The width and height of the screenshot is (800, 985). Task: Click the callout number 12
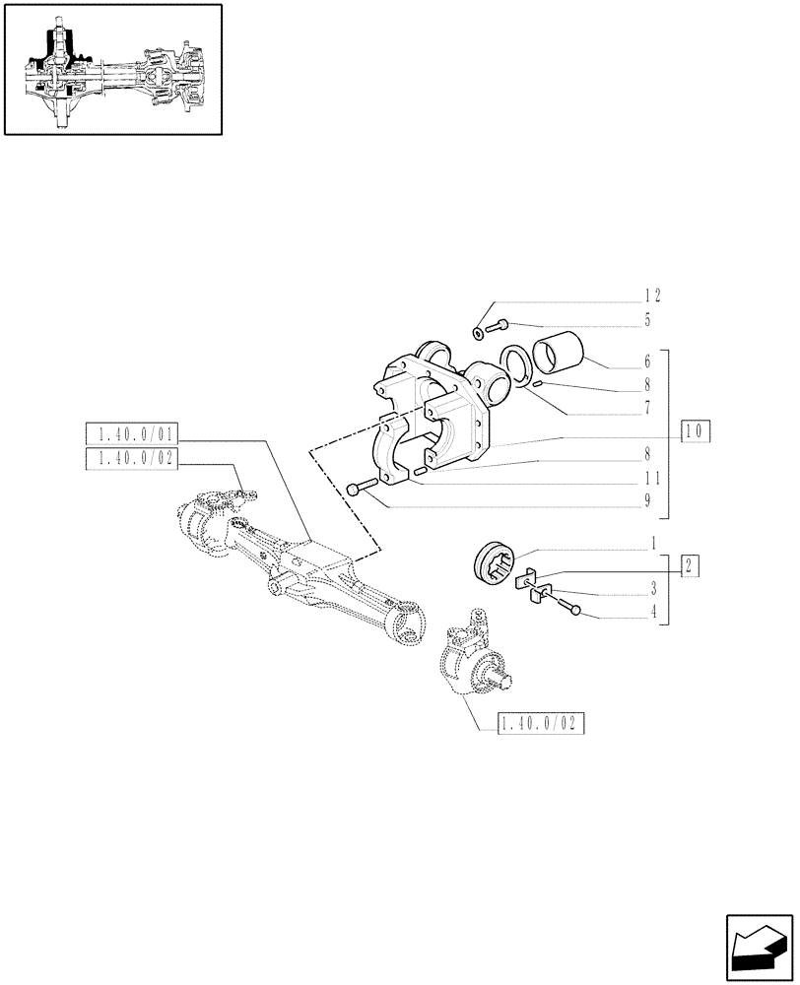[x=652, y=295]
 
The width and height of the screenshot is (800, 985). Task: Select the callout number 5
[x=647, y=320]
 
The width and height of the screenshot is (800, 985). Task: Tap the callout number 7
[x=647, y=406]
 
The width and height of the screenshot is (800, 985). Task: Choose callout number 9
[x=647, y=501]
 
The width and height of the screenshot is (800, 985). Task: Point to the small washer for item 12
[x=479, y=333]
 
